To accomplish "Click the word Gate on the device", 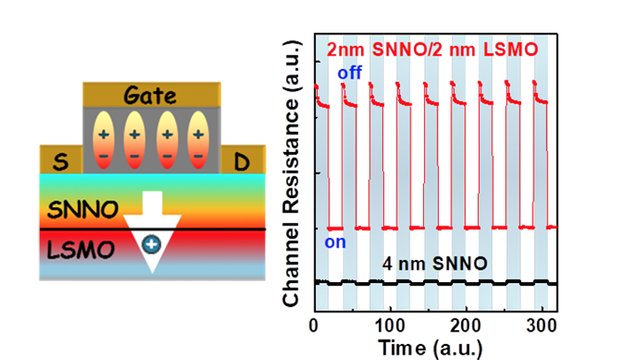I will click(151, 96).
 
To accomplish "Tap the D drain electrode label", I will click(241, 160).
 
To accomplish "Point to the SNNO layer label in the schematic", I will click(76, 211).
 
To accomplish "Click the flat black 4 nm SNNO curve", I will click(442, 282).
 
